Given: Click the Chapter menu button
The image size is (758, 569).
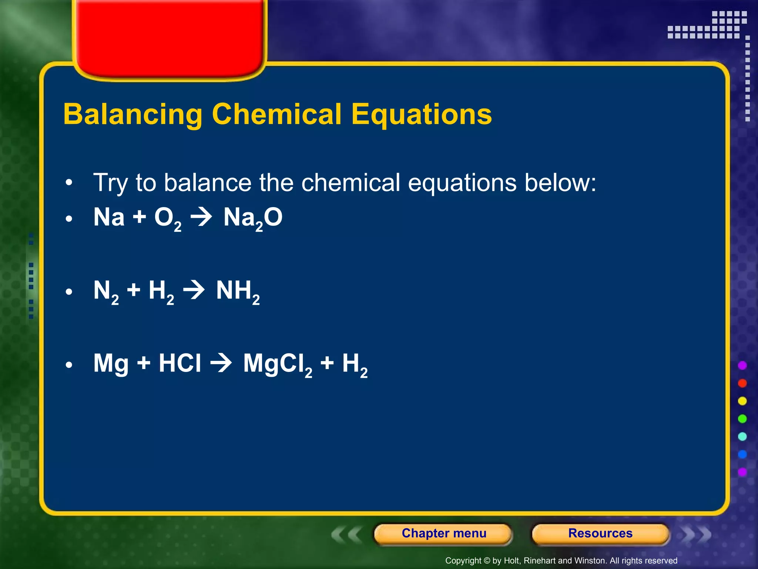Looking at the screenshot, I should (x=443, y=533).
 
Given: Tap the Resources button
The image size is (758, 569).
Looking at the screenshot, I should (x=600, y=533).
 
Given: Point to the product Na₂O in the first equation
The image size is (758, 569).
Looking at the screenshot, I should (x=253, y=218).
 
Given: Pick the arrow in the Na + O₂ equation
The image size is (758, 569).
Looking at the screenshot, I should (x=201, y=217).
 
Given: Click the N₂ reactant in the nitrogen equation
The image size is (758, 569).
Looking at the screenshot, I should (x=106, y=291).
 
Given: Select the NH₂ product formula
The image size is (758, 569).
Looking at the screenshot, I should (x=238, y=291).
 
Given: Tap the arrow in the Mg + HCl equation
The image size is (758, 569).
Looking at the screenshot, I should (x=221, y=363).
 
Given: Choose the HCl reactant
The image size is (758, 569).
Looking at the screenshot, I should (x=180, y=363).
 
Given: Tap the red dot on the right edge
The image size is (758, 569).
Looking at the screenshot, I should (x=742, y=383).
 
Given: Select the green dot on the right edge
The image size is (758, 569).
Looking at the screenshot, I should (x=742, y=419).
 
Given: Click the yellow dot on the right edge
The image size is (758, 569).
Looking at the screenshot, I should (x=742, y=401).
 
